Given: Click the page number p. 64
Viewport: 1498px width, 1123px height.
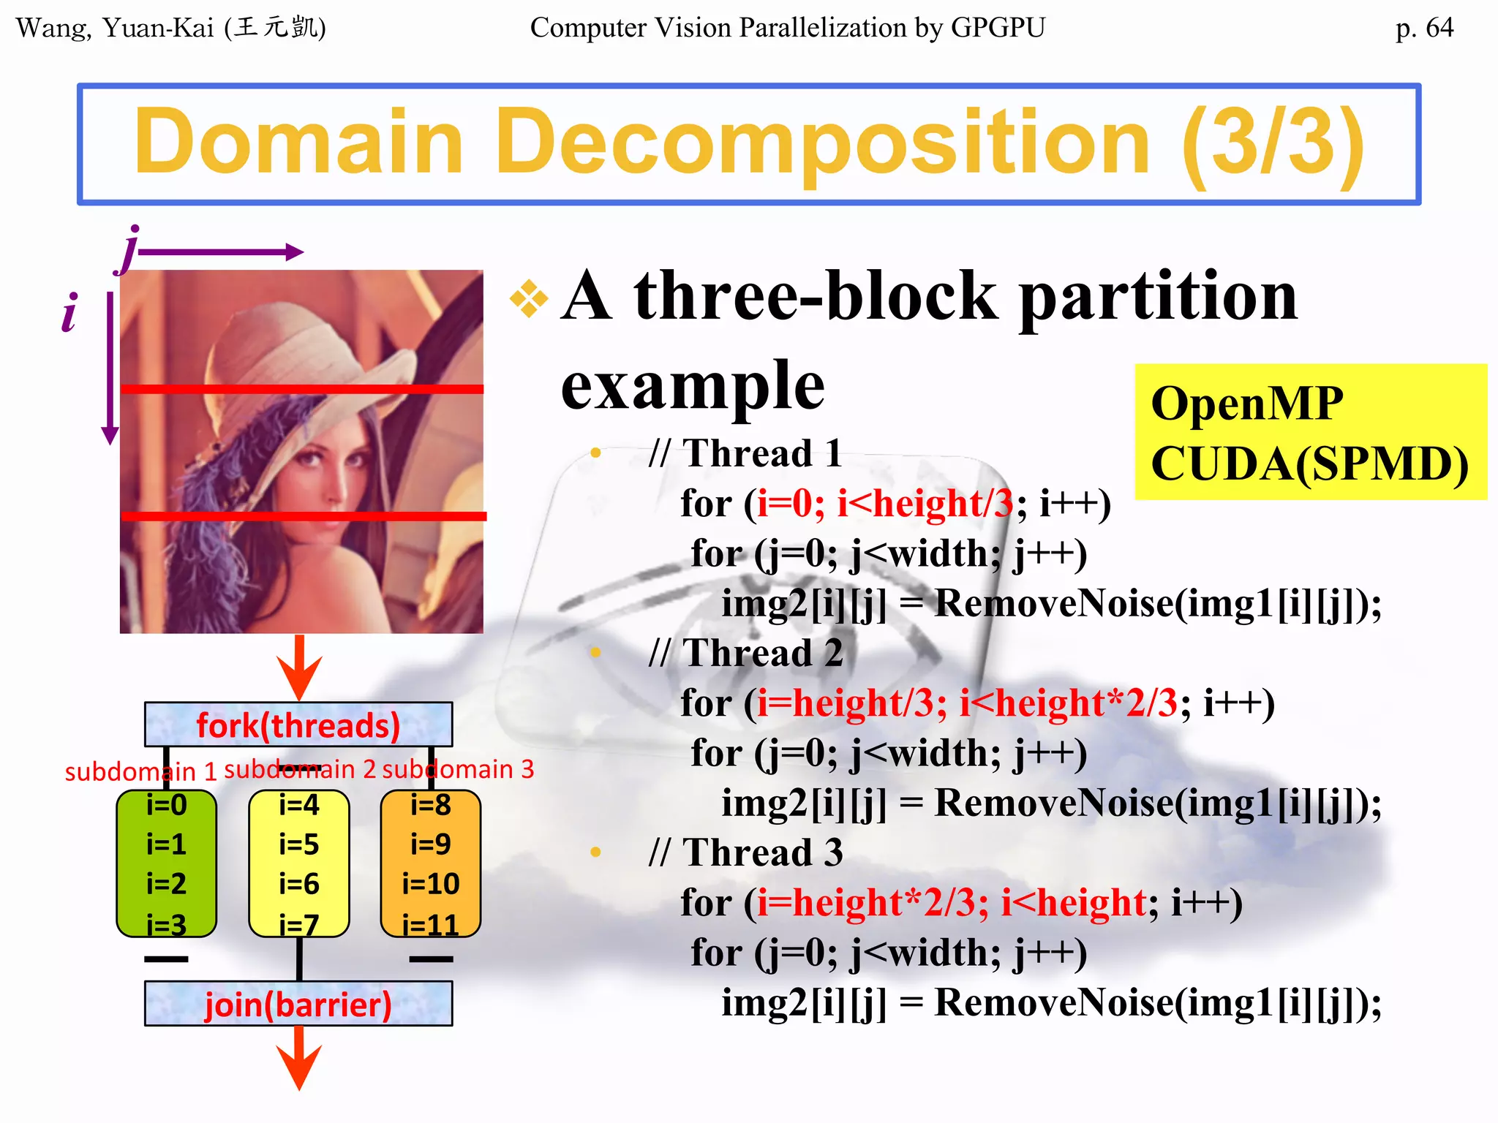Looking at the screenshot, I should [1423, 28].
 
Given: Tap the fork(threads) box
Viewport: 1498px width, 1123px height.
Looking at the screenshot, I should [298, 725].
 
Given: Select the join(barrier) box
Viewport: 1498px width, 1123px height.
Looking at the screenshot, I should [298, 1004].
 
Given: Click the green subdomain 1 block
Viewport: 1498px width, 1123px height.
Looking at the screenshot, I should [167, 863].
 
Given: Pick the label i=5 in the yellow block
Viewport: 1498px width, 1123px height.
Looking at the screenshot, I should [298, 844].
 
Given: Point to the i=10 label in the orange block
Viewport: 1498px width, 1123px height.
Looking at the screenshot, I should [431, 884].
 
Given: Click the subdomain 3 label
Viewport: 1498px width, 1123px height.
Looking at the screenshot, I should [458, 769].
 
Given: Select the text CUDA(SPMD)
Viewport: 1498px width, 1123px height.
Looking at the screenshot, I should [1309, 464].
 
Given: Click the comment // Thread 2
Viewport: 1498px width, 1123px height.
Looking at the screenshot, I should [745, 653].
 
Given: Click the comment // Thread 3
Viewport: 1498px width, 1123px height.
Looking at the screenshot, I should [745, 852].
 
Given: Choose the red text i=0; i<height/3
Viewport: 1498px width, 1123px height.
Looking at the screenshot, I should [884, 503].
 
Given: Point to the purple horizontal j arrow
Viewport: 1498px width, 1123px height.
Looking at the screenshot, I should [219, 252].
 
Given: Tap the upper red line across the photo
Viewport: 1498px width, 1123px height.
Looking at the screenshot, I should [301, 389].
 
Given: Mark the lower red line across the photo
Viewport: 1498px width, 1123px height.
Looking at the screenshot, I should [301, 516].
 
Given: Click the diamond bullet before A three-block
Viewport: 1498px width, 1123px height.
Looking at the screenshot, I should [529, 299].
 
